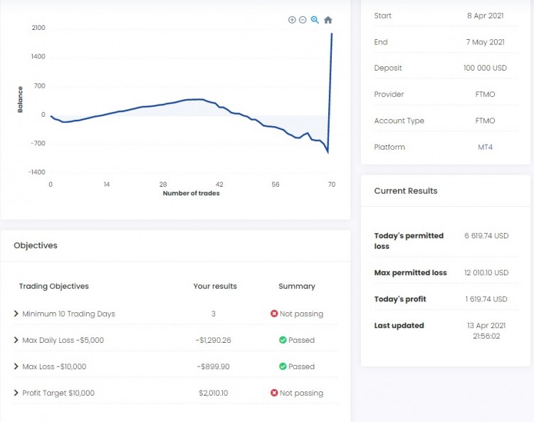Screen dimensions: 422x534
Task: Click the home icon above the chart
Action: coord(328,20)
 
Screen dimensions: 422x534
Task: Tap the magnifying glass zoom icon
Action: coord(315,20)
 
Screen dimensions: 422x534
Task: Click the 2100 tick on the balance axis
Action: coord(38,28)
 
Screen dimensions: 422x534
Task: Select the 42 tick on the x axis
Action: coord(219,184)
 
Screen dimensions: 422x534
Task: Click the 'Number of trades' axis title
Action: coord(191,193)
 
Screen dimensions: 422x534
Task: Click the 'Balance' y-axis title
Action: coord(20,99)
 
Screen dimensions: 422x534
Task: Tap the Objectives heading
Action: coord(36,245)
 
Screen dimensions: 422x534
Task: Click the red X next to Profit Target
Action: coord(274,393)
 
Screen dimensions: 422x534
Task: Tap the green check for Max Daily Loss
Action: coord(283,340)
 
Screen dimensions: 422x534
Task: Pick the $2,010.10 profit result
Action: coord(215,393)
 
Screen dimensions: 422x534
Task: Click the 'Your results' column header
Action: coord(215,286)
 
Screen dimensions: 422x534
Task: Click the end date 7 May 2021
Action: coord(486,42)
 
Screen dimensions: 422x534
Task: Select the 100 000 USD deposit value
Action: coord(485,68)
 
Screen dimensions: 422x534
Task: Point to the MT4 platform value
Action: coord(486,148)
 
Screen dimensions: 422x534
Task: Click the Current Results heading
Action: coord(406,191)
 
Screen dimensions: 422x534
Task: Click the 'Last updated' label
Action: coord(399,326)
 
